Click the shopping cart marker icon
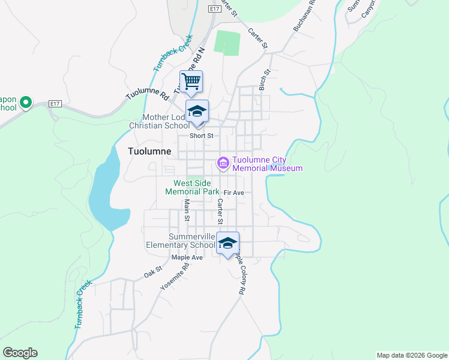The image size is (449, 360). (x=191, y=81)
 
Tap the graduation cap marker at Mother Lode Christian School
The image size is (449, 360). (x=197, y=112)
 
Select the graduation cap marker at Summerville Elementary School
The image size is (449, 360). (x=227, y=244)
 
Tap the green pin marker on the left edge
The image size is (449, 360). (x=25, y=103)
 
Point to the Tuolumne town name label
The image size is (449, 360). (x=150, y=151)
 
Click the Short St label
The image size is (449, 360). (x=202, y=136)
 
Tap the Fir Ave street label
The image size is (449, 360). (x=234, y=193)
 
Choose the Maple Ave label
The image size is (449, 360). (x=187, y=257)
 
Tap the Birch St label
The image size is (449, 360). (x=264, y=80)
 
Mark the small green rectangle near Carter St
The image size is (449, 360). (x=228, y=43)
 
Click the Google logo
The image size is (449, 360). (x=20, y=353)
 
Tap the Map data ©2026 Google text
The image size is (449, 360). (x=412, y=355)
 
